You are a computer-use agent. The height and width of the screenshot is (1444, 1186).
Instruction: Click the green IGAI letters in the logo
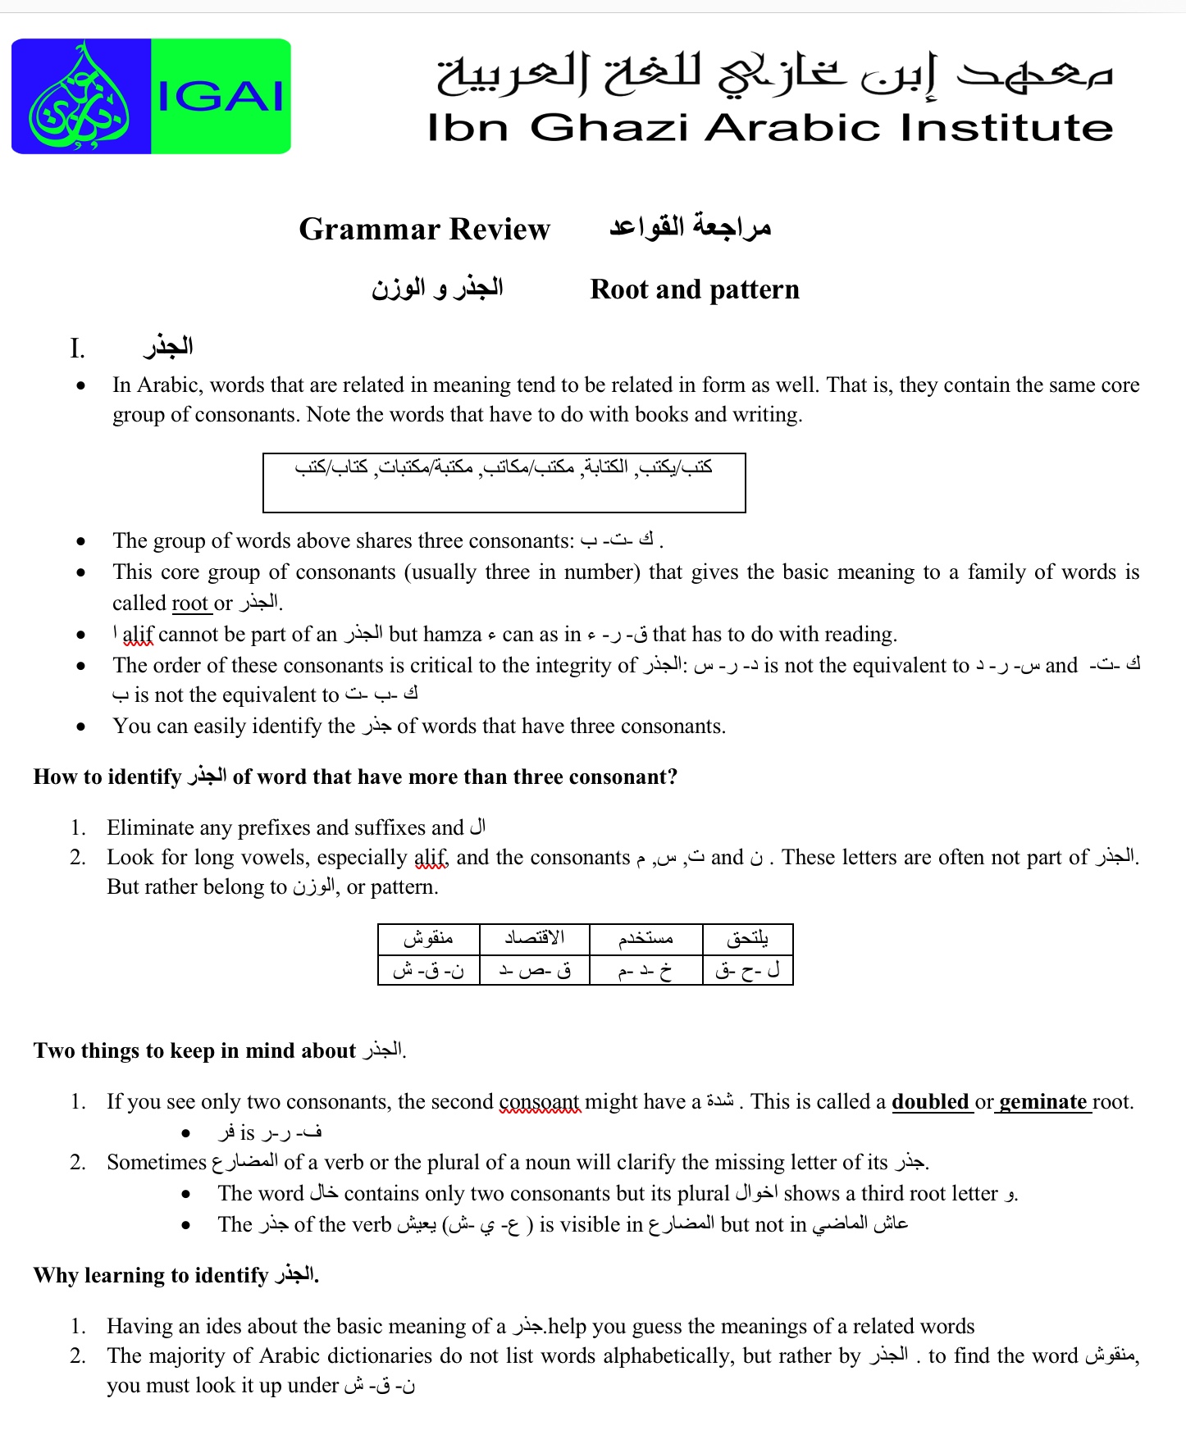coord(220,97)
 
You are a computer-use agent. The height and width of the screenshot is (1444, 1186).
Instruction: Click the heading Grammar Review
coord(424,229)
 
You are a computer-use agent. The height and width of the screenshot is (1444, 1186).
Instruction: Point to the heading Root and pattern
coord(694,289)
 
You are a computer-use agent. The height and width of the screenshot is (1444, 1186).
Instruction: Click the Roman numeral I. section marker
coord(77,349)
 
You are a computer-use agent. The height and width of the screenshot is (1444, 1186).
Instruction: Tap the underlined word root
coord(189,604)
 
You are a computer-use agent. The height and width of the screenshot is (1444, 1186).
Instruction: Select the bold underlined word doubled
coord(930,1102)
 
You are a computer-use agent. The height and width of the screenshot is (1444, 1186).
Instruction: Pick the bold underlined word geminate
coord(1042,1102)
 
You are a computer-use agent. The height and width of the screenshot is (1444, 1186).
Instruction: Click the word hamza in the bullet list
coord(452,635)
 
